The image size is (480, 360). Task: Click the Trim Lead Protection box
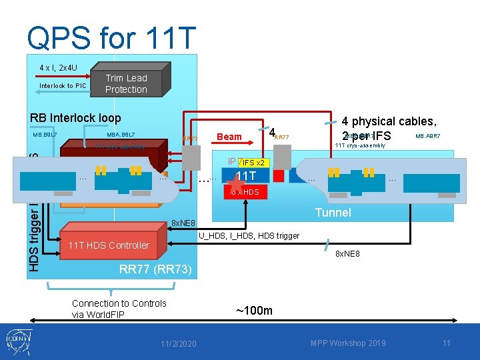pyautogui.click(x=126, y=83)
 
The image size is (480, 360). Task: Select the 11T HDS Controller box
pyautogui.click(x=109, y=245)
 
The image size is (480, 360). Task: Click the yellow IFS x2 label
pyautogui.click(x=253, y=163)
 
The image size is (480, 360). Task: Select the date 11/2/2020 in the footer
pyautogui.click(x=179, y=343)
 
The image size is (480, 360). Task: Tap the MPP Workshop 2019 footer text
pyautogui.click(x=348, y=343)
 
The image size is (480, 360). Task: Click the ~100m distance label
pyautogui.click(x=254, y=311)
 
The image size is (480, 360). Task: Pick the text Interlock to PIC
pyautogui.click(x=63, y=85)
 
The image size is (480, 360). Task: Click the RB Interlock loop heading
pyautogui.click(x=75, y=117)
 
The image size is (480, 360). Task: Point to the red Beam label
pyautogui.click(x=229, y=137)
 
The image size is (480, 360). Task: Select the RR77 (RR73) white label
pyautogui.click(x=155, y=269)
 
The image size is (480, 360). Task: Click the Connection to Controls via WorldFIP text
pyautogui.click(x=119, y=309)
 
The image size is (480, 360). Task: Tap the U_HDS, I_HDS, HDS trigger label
pyautogui.click(x=249, y=235)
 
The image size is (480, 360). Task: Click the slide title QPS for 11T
pyautogui.click(x=111, y=38)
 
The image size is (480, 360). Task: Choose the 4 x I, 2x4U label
pyautogui.click(x=57, y=67)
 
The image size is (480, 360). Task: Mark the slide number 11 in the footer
pyautogui.click(x=447, y=343)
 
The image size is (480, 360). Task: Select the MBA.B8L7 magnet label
pyautogui.click(x=121, y=135)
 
